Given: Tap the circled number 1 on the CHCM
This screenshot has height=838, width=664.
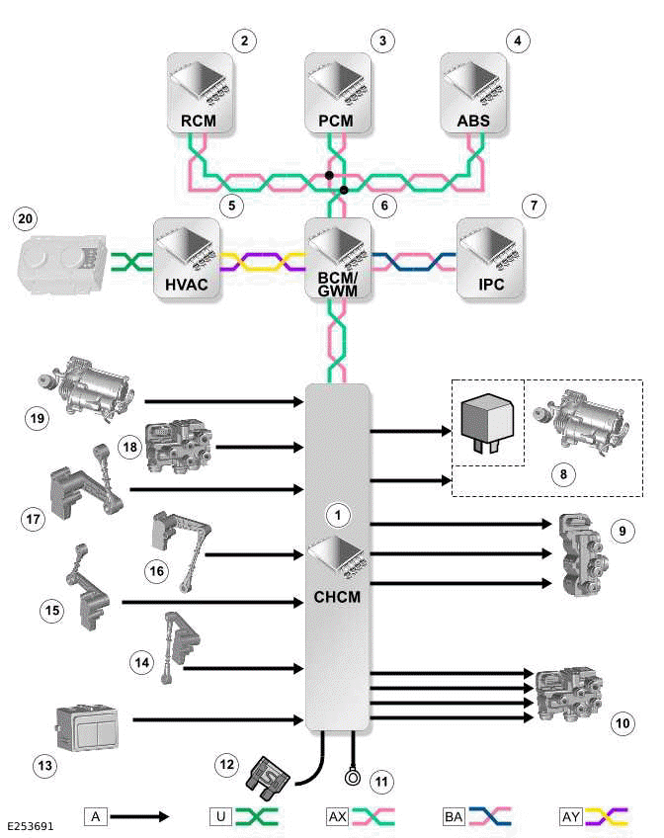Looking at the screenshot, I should coord(338,515).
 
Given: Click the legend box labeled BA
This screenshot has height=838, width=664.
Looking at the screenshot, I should coord(455,816).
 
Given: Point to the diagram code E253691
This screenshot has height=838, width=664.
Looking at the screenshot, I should coord(33,822).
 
